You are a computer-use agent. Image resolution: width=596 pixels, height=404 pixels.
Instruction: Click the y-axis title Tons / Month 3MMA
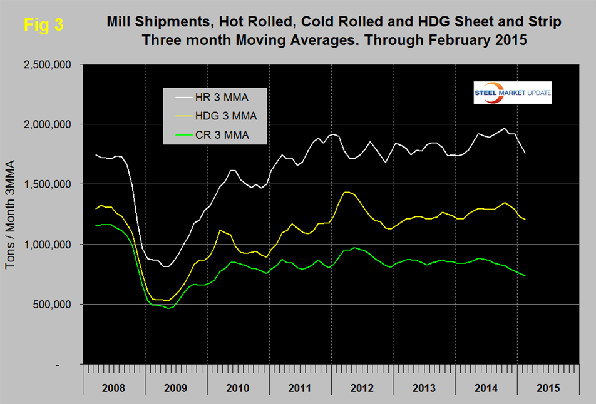(x=11, y=214)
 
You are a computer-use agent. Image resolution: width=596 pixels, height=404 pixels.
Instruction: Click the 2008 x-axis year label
(x=113, y=387)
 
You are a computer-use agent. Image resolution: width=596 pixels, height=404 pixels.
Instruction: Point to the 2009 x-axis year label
(x=175, y=387)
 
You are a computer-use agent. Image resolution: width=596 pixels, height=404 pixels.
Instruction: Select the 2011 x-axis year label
(x=299, y=387)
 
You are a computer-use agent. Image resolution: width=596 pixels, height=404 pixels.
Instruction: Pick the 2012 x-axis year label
(x=361, y=387)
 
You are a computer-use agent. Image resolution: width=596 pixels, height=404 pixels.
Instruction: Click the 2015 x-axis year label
(x=547, y=387)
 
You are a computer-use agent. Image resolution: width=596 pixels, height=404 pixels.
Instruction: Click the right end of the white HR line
(x=525, y=153)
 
